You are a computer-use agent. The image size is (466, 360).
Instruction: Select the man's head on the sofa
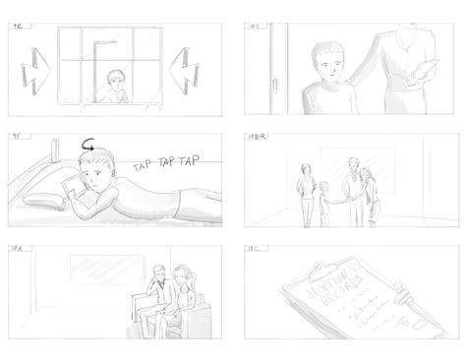(x=159, y=272)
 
